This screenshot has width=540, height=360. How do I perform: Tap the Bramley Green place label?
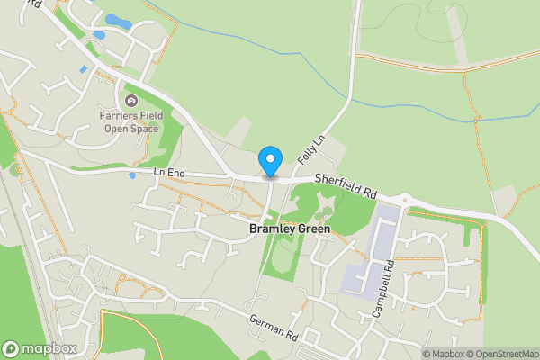click(x=289, y=229)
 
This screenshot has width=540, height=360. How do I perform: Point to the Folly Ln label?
click(x=310, y=149)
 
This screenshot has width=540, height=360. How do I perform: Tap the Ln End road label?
click(x=168, y=171)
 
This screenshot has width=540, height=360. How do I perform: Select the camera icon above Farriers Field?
click(x=131, y=100)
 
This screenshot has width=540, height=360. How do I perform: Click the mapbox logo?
click(x=39, y=348)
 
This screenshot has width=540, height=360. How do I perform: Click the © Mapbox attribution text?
click(x=442, y=354)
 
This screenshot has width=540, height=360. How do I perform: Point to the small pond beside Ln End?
click(x=131, y=175)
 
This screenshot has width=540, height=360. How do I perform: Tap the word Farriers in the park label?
click(x=115, y=116)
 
